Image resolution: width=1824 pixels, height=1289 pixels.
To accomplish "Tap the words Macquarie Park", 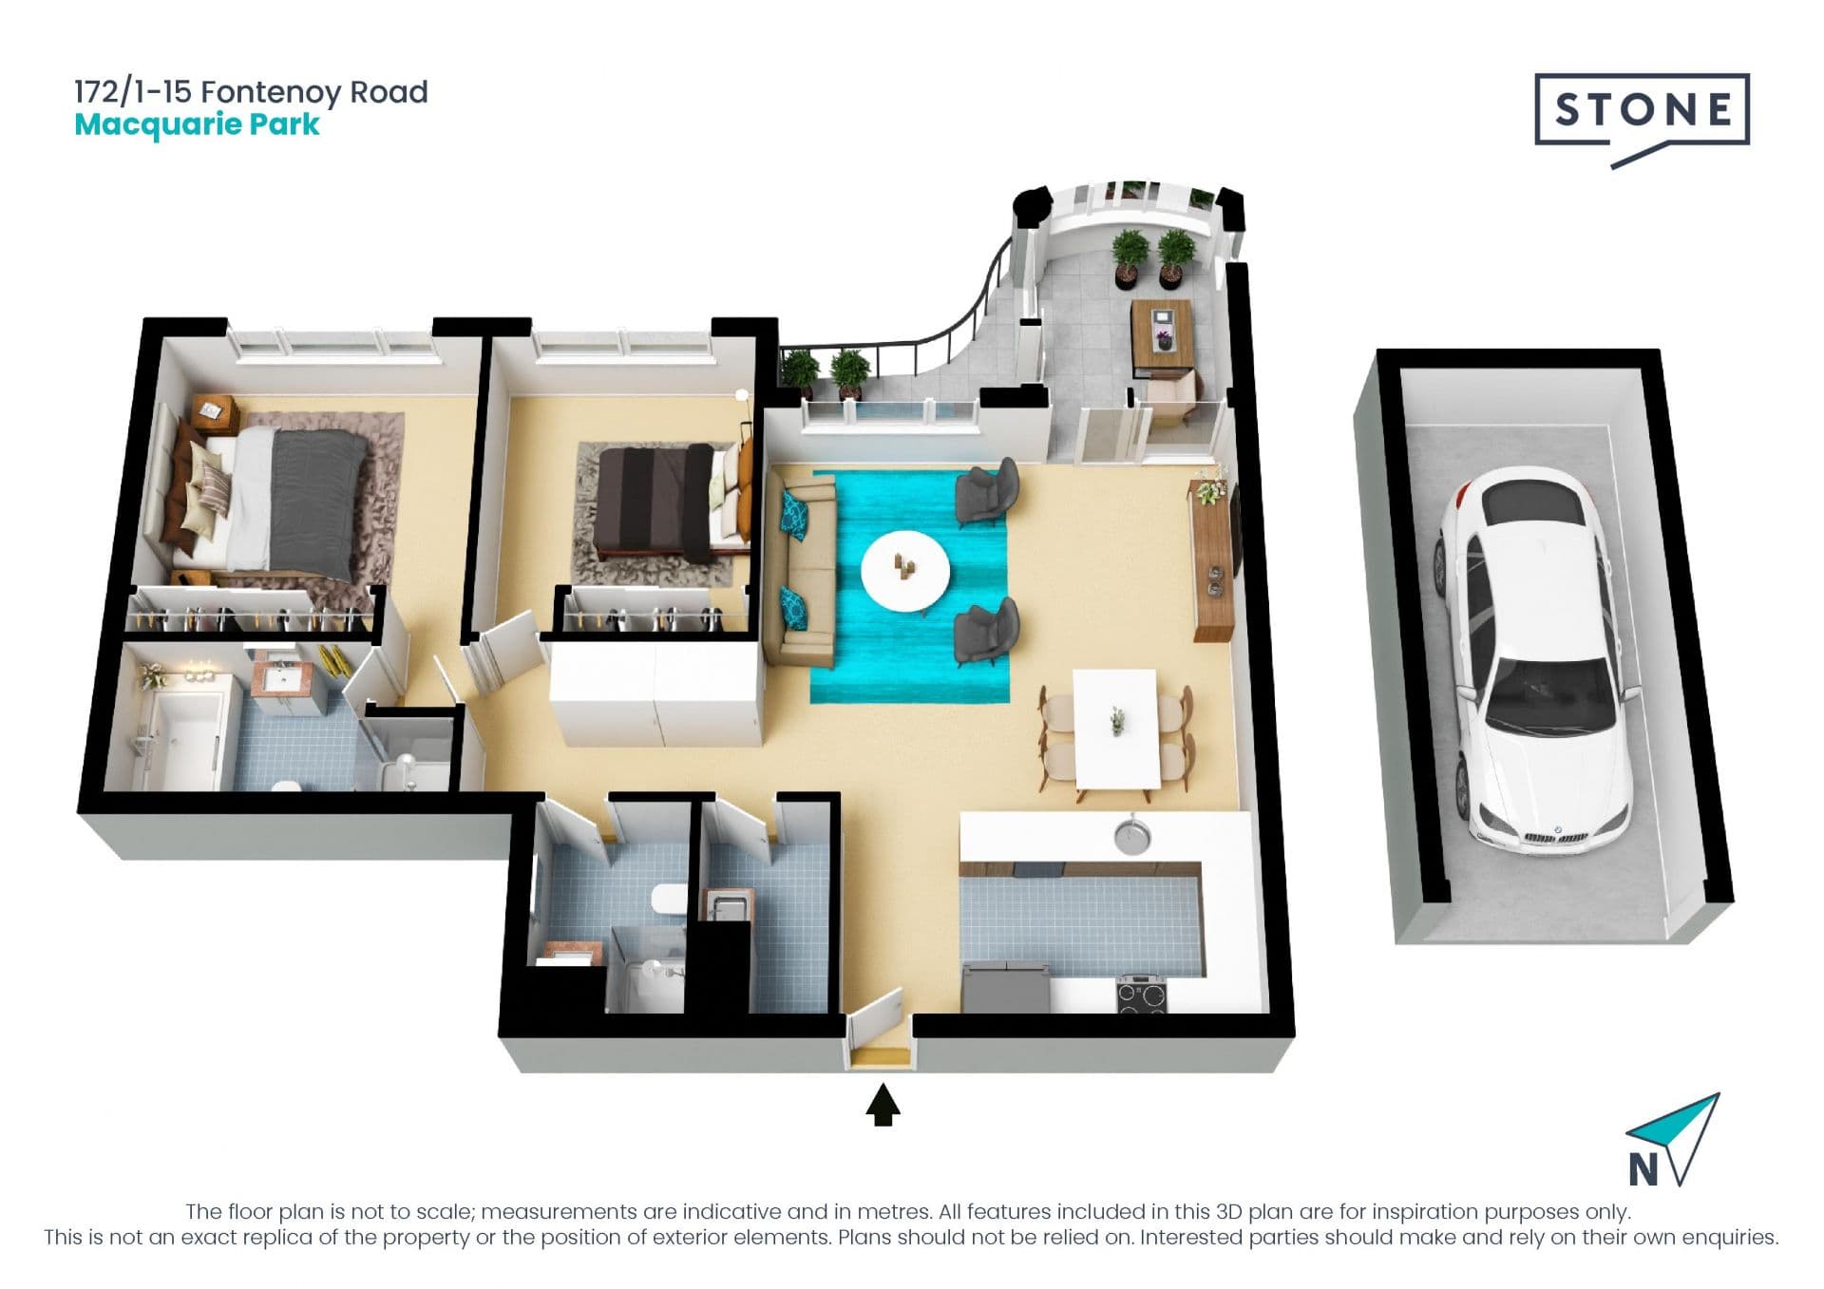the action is [197, 125].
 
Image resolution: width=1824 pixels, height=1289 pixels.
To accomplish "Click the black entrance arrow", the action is [883, 1105].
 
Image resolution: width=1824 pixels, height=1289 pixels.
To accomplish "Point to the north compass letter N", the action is [1644, 1169].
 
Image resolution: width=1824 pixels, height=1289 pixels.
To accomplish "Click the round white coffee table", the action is [904, 572].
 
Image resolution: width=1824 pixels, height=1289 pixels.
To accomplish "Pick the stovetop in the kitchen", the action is [1143, 995].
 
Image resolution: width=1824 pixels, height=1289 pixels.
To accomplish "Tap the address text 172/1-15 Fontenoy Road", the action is [251, 92].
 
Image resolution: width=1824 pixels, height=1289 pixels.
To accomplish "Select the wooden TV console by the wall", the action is [1212, 560].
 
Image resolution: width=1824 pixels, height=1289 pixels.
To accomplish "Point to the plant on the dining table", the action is [1117, 720].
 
